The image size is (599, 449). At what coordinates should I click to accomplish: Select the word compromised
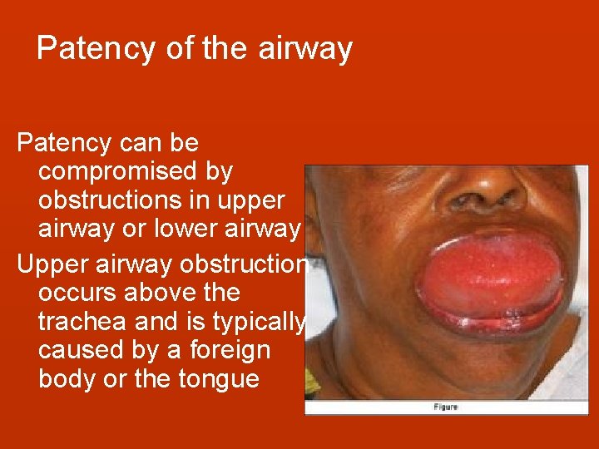[x=136, y=172]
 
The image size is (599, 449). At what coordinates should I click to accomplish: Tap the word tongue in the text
[x=220, y=379]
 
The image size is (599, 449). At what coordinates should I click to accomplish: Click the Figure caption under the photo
[x=445, y=407]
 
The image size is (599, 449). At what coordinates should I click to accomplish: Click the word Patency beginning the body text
[x=64, y=143]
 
